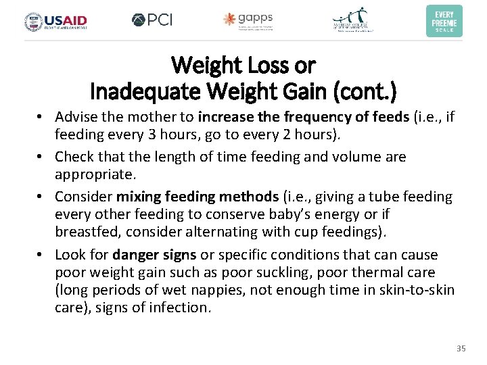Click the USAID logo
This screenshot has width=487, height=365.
pyautogui.click(x=55, y=21)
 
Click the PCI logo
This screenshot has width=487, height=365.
pyautogui.click(x=152, y=20)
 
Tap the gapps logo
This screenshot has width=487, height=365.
pyautogui.click(x=248, y=20)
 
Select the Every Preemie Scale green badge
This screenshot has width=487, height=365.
pyautogui.click(x=444, y=21)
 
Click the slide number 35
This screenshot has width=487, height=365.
pyautogui.click(x=461, y=348)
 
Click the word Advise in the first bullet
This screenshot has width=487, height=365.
pyautogui.click(x=76, y=117)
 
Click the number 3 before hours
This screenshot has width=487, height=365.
pyautogui.click(x=146, y=135)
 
